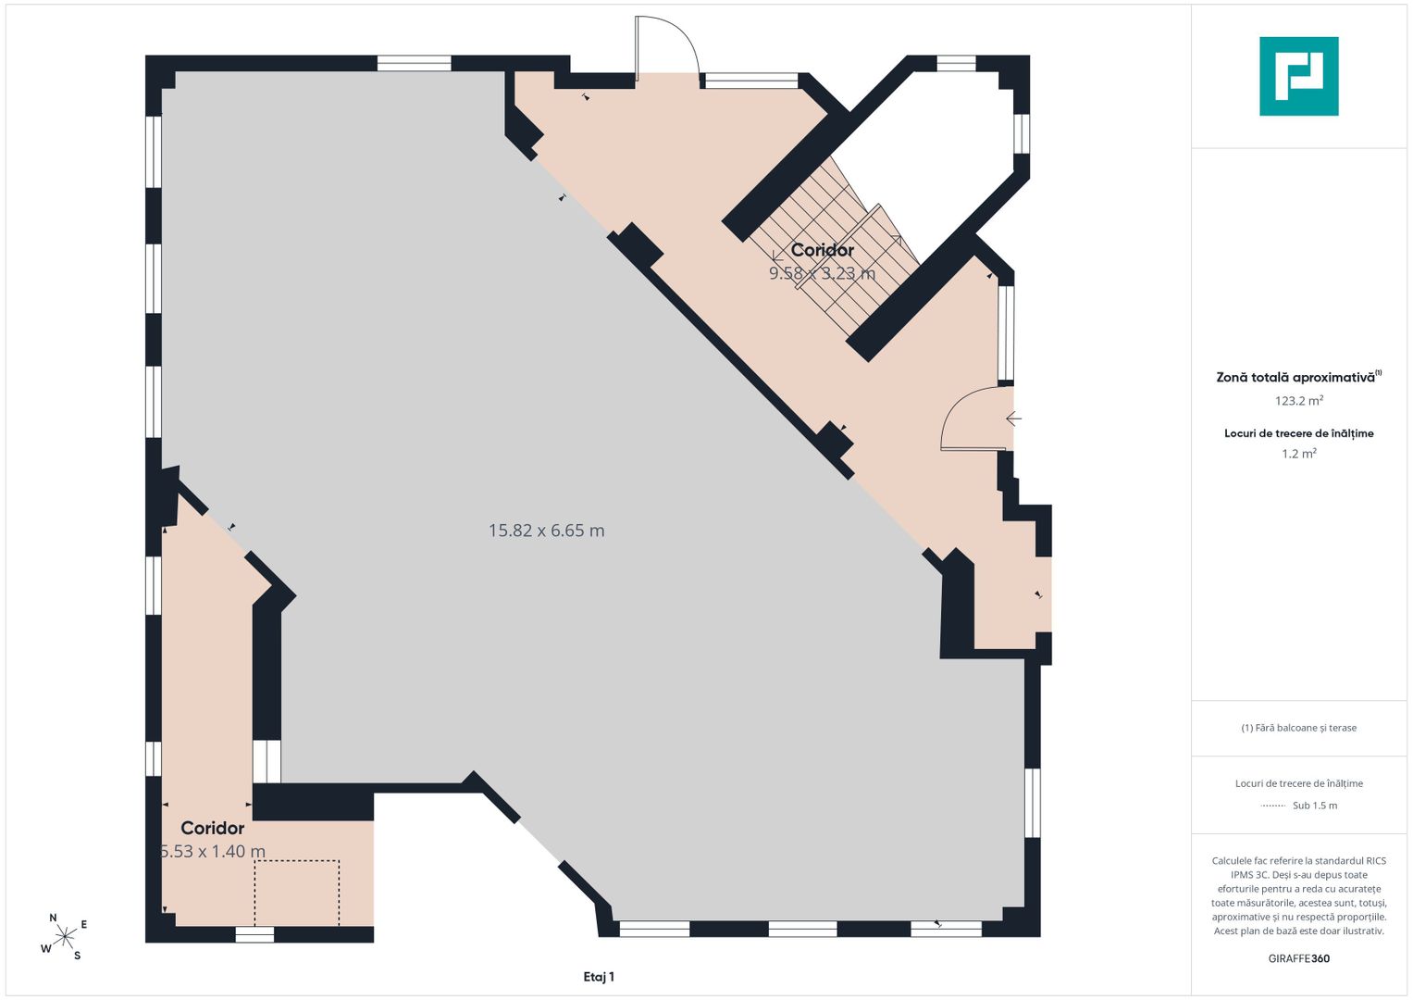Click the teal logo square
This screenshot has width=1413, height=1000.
(1299, 76)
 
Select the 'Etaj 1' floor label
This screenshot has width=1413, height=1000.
(599, 977)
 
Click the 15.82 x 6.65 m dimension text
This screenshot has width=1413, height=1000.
(546, 531)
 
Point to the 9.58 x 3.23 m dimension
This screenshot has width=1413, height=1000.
(822, 273)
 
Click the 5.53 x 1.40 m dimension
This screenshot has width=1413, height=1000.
(213, 851)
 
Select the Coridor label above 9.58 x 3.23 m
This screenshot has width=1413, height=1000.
(822, 250)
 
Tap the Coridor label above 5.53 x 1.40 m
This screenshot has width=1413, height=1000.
(213, 828)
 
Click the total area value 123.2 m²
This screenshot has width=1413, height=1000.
(1299, 400)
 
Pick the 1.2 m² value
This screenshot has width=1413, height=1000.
(1299, 454)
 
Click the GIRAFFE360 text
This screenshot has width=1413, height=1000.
(1299, 958)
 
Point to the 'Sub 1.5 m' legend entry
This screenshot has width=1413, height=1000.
(1315, 806)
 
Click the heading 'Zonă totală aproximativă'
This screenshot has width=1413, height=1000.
(1295, 378)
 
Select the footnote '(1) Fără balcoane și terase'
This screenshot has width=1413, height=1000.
(1299, 728)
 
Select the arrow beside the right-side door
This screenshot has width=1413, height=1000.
(1013, 418)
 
